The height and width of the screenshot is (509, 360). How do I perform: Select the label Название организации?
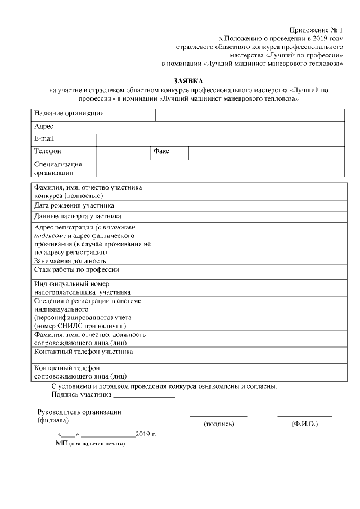click(69, 114)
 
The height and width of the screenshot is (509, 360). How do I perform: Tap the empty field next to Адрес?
click(204, 128)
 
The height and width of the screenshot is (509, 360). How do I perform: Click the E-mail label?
click(44, 138)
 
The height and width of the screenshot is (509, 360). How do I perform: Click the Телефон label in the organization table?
click(48, 152)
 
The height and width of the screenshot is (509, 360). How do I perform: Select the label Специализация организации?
click(58, 168)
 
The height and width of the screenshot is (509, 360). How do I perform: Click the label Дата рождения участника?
click(74, 206)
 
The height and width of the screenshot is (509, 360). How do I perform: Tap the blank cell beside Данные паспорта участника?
click(250, 217)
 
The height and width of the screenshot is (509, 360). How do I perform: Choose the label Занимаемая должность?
click(70, 261)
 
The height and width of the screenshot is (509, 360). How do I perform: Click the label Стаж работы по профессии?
click(76, 270)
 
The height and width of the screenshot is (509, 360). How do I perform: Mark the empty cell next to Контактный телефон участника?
click(250, 354)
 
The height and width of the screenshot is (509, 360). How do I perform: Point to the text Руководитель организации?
click(79, 412)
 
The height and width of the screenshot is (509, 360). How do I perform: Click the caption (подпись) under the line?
click(219, 424)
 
